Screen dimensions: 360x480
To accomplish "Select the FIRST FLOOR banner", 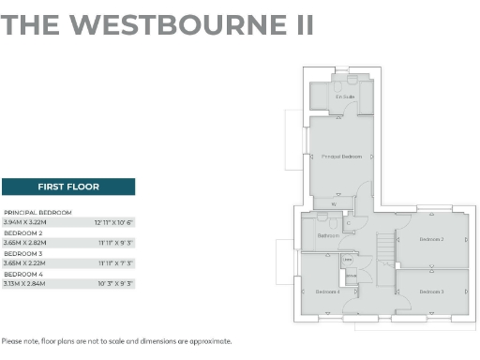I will click(68, 187).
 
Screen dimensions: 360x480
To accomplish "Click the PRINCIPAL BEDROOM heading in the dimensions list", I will click(37, 213).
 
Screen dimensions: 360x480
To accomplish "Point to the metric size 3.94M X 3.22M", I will click(24, 222).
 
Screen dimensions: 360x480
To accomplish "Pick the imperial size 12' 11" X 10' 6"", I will click(114, 222).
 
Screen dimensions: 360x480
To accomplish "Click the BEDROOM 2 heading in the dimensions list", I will click(24, 232).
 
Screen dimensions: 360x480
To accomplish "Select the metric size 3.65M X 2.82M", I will click(24, 243).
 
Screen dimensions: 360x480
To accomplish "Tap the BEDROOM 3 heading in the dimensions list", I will click(24, 253).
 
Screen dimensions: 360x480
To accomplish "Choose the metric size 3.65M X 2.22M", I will click(24, 263).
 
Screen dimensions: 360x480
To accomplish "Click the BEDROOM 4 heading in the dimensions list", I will click(24, 274).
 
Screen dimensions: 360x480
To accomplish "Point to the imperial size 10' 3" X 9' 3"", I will click(114, 283).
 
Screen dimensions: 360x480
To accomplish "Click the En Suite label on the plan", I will click(345, 97).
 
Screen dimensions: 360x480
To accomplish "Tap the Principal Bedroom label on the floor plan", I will click(340, 156).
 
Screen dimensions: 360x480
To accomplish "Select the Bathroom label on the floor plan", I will click(327, 235).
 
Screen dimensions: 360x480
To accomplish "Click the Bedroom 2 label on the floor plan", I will click(431, 240).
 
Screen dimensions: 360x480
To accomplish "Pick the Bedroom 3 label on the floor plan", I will click(431, 292).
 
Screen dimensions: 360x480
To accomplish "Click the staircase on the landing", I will click(385, 250).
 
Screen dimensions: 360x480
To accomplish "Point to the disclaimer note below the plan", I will click(116, 341).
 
